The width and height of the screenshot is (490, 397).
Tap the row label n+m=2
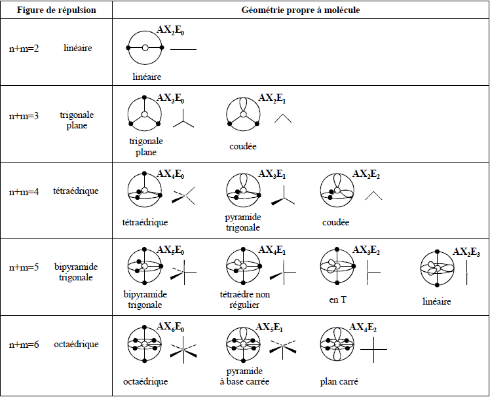pyautogui.click(x=24, y=48)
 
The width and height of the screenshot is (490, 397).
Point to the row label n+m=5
pyautogui.click(x=24, y=267)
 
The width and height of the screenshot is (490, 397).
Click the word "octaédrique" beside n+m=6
pyautogui.click(x=76, y=344)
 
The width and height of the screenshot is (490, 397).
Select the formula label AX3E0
pyautogui.click(x=170, y=99)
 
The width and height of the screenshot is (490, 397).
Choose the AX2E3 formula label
pyautogui.click(x=466, y=252)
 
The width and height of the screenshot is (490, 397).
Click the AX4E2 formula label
pyautogui.click(x=364, y=327)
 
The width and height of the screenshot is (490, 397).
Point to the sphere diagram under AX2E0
pyautogui.click(x=145, y=48)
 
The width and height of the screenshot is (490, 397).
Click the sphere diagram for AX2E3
pyautogui.click(x=437, y=270)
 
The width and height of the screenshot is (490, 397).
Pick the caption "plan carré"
pyautogui.click(x=339, y=382)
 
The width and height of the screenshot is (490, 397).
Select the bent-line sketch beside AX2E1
pyautogui.click(x=282, y=118)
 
